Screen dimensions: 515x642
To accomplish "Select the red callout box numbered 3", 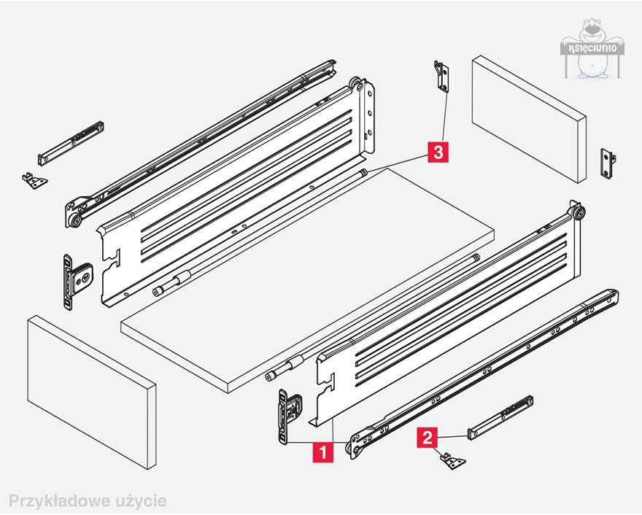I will (437, 151).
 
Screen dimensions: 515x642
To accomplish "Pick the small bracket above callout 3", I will (440, 76).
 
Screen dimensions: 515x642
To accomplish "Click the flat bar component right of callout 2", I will (500, 417).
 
